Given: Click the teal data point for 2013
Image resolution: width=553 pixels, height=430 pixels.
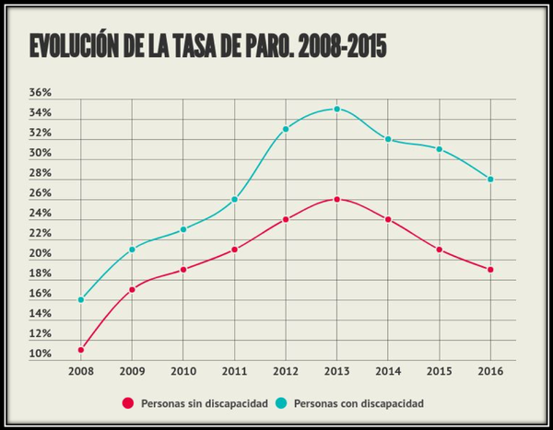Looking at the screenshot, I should [337, 109].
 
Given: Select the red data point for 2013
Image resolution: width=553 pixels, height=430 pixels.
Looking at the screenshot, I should [337, 199].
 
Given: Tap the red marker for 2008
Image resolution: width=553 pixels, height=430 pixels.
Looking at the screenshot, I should [81, 350].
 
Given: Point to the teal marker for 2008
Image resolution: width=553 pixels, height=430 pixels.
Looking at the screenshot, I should [81, 299].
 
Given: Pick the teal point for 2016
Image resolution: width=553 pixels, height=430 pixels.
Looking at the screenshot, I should [491, 179].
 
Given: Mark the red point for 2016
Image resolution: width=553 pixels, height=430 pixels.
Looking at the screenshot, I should [491, 270].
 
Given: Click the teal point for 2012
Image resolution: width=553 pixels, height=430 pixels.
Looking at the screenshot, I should [286, 129].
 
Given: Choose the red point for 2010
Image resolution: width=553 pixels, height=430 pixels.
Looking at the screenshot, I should [183, 270].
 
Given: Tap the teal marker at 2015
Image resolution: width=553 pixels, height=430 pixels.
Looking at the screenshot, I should [440, 149].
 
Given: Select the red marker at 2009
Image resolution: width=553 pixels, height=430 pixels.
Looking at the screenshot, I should [133, 290].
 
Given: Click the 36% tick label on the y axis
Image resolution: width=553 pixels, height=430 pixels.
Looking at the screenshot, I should [41, 93].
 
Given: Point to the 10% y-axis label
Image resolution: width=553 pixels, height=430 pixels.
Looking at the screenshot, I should [41, 354].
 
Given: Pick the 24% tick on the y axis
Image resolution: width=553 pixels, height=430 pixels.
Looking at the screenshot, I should [41, 214].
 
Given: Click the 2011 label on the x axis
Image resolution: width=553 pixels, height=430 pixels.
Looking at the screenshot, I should [235, 373].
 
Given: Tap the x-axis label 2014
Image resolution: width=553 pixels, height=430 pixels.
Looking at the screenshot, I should [388, 373].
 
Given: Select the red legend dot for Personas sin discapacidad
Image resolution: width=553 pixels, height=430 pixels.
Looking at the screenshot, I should [128, 403].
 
